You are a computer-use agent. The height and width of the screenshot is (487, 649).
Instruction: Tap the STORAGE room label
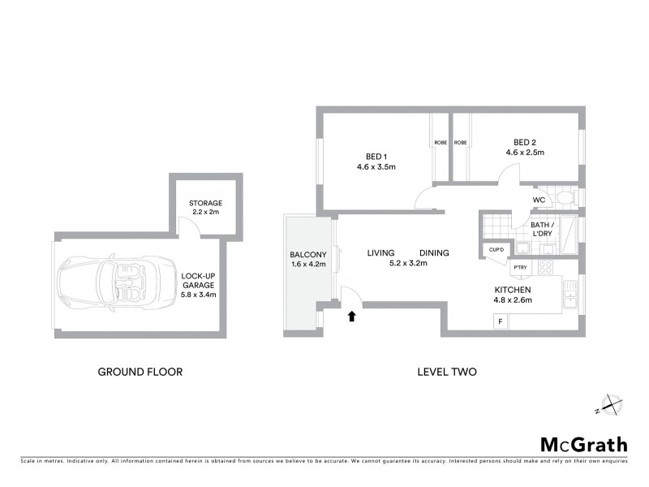pyautogui.click(x=205, y=203)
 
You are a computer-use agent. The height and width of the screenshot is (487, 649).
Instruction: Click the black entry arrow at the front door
pyautogui.click(x=351, y=317)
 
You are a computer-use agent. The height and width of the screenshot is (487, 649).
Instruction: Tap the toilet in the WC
pyautogui.click(x=565, y=198)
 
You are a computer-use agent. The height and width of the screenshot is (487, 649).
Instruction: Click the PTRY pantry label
pyautogui.click(x=519, y=267)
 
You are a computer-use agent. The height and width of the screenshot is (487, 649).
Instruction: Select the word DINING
pyautogui.click(x=434, y=252)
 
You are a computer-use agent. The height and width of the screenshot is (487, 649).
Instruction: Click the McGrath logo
pyautogui.click(x=583, y=443)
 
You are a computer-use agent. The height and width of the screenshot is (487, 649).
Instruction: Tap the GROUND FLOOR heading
pyautogui.click(x=140, y=372)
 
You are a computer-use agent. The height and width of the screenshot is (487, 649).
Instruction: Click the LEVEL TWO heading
pyautogui.click(x=445, y=372)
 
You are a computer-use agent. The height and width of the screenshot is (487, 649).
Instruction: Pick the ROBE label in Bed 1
pyautogui.click(x=440, y=143)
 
